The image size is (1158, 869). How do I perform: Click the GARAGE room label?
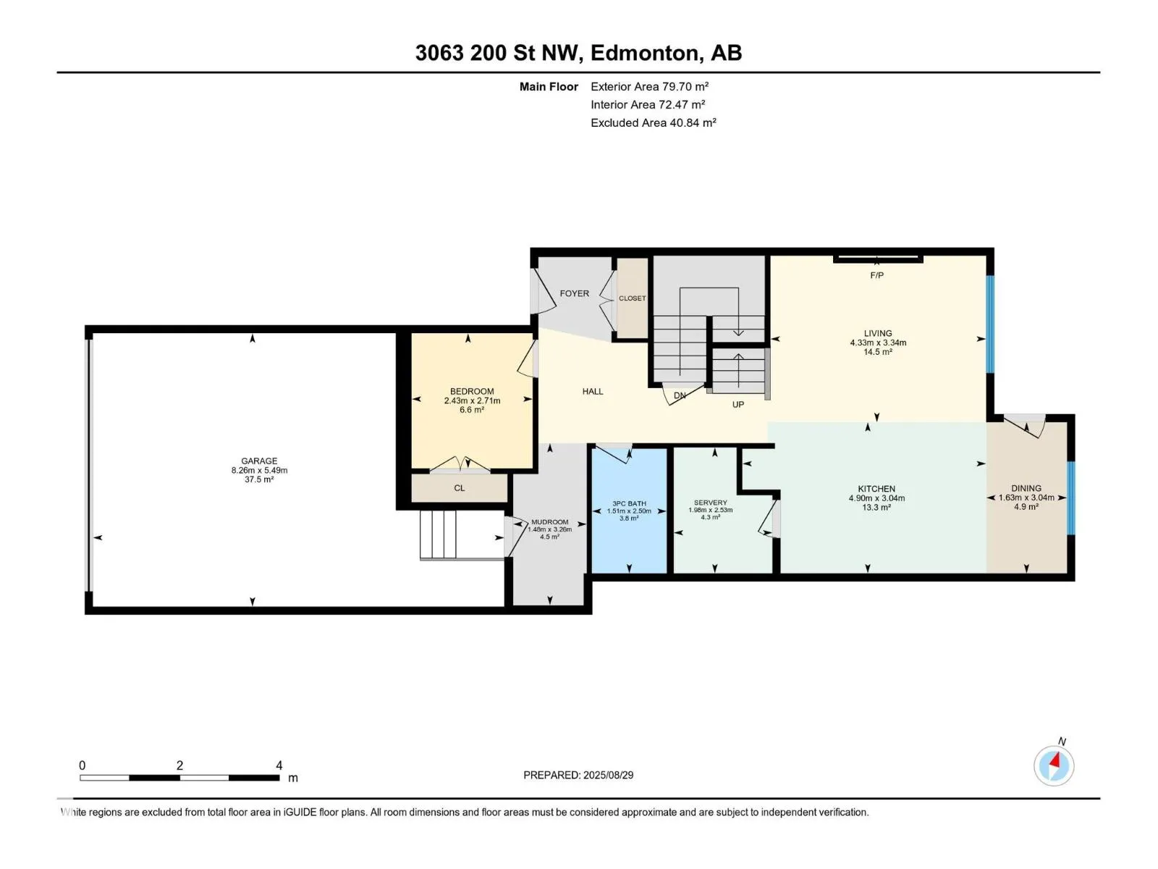[x=259, y=461]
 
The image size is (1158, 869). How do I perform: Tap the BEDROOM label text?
[x=472, y=391]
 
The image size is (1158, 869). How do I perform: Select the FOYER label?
[x=574, y=293]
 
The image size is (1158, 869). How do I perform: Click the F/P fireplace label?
[x=876, y=275]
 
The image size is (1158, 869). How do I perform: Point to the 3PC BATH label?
[x=629, y=503]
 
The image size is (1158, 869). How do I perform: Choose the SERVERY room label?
[x=710, y=503]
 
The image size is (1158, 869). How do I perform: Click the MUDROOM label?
[x=550, y=522]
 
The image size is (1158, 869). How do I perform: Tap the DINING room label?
[x=1026, y=488]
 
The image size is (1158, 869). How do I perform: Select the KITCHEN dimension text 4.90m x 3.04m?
[x=876, y=498]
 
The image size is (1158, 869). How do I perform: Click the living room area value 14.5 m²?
[x=877, y=352]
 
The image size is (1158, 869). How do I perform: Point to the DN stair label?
[x=680, y=395]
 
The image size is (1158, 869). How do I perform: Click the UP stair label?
[x=738, y=404]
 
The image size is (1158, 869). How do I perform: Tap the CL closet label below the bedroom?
[x=459, y=488]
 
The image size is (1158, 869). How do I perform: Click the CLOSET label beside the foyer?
[x=632, y=298]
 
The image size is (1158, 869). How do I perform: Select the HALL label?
[x=593, y=391]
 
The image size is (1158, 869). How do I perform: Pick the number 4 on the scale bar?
[x=279, y=765]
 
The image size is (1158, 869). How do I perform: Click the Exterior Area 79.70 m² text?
[x=649, y=86]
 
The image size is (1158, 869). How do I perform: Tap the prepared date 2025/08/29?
[x=608, y=775]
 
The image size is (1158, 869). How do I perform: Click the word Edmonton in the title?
[x=646, y=53]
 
